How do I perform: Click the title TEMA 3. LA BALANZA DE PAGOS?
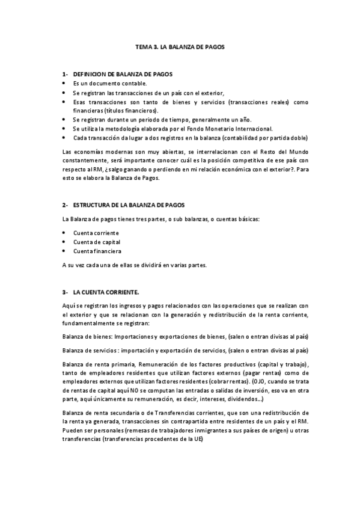pyautogui.click(x=180, y=46)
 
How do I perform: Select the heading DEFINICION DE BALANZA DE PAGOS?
pyautogui.click(x=123, y=74)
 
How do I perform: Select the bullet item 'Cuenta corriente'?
pyautogui.click(x=96, y=232)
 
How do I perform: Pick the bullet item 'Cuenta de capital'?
pyautogui.click(x=96, y=242)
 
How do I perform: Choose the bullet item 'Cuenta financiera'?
pyautogui.click(x=97, y=251)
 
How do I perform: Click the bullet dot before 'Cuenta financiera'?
pyautogui.click(x=64, y=251)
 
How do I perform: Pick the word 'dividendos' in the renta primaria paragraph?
pyautogui.click(x=239, y=399)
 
